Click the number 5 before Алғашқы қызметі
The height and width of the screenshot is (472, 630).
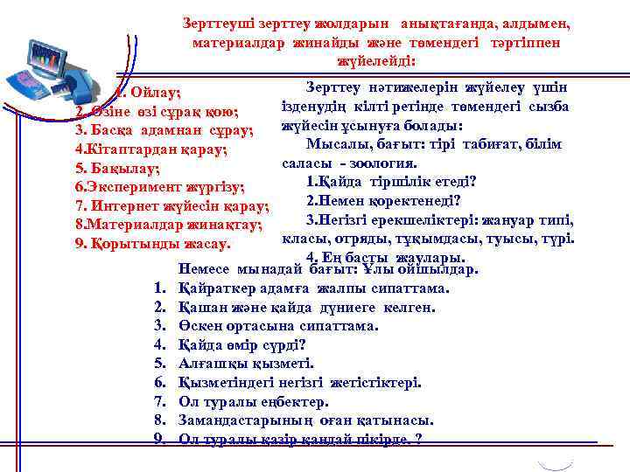159,364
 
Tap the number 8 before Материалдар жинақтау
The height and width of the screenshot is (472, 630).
80,225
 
